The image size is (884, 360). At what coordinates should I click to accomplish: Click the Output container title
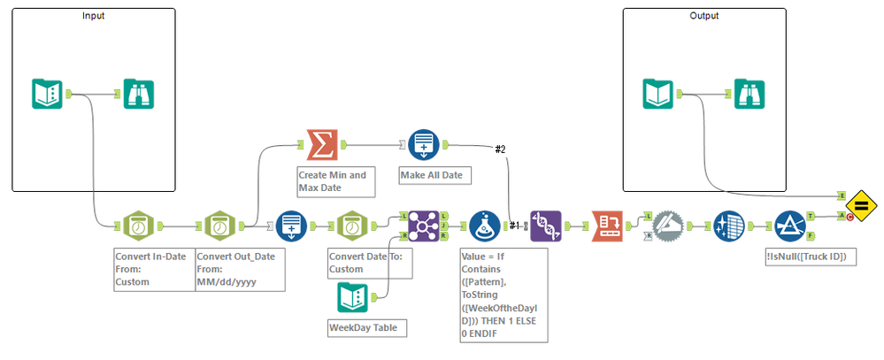click(x=703, y=16)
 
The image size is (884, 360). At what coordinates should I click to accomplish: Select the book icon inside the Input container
click(x=46, y=94)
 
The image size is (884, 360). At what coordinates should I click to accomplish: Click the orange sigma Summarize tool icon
click(x=318, y=144)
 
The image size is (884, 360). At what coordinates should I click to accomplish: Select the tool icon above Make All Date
click(x=424, y=144)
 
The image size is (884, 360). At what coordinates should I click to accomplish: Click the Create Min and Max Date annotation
click(x=335, y=181)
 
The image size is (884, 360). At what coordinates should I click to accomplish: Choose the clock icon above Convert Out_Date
click(x=221, y=226)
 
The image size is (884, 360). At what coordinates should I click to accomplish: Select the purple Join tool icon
click(x=424, y=226)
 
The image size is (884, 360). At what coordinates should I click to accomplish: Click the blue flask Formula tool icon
click(x=484, y=226)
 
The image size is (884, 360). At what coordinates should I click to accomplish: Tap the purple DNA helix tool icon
click(x=545, y=226)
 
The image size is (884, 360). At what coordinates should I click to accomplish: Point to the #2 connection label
click(x=501, y=149)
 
